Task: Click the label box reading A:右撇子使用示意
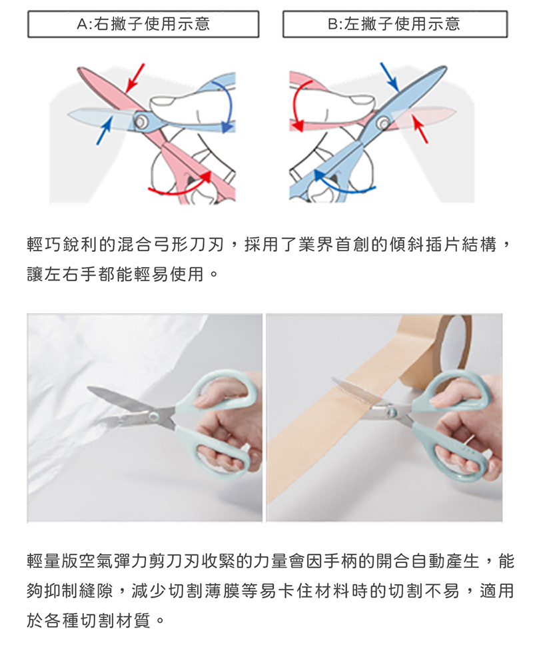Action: [x=143, y=24]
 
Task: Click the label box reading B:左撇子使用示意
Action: [x=395, y=24]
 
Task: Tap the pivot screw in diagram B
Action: [x=384, y=123]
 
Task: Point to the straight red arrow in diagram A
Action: [x=135, y=79]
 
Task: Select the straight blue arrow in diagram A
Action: [x=105, y=131]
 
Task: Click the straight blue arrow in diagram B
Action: [x=389, y=77]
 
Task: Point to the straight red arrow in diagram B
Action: [x=420, y=129]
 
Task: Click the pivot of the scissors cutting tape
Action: [x=391, y=411]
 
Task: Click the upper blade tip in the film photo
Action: [x=88, y=388]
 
